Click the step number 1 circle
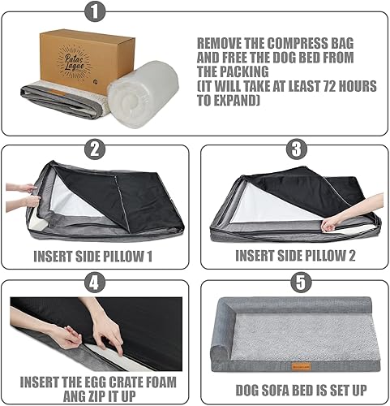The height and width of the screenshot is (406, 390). pos(96,11)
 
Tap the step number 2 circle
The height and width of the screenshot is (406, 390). pos(96,148)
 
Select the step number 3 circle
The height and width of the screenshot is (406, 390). pos(294,148)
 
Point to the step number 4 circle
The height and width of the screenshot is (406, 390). pos(96,284)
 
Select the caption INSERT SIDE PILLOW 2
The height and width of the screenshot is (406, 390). pos(294,254)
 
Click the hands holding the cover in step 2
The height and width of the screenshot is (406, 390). pos(23,195)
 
